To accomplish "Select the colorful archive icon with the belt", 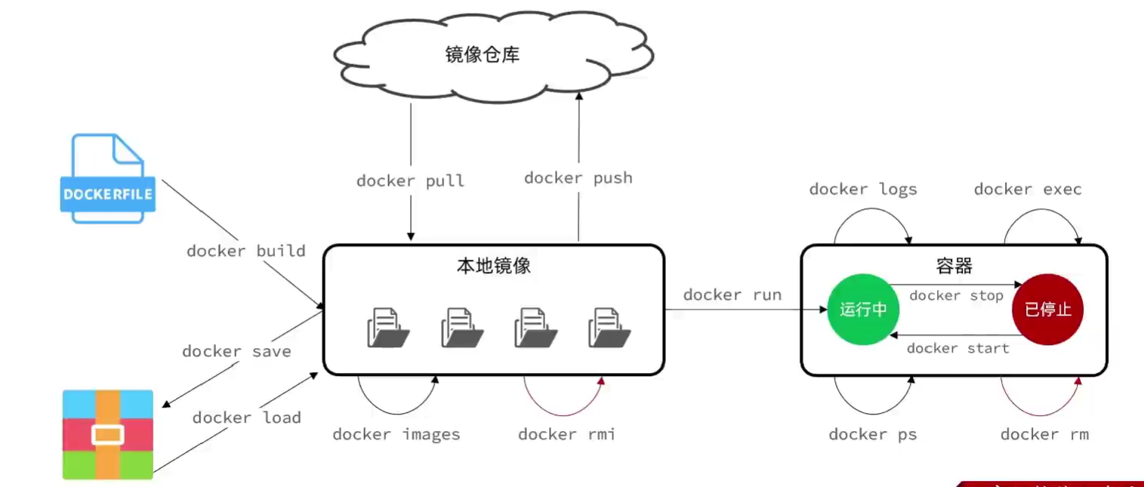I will pos(108,434).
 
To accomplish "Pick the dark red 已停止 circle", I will pos(1047,310).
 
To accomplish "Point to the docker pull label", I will pos(410,181).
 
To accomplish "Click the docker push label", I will pos(578,178).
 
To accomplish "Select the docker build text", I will pos(246,251).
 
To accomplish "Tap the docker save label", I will pos(236,351).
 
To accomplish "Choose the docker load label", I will pos(247,418).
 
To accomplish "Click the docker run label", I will pos(732,294).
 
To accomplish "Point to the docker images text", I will pos(396,434).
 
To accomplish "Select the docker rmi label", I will pos(566,434).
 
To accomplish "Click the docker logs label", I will pos(863,190).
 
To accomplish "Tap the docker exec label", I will pos(1028,190).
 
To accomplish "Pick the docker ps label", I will pos(873,434).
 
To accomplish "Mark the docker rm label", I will pos(1044,434).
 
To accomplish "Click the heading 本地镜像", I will pos(494,267).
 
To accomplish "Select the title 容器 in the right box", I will pos(954,266).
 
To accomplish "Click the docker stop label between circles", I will pos(956,295).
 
